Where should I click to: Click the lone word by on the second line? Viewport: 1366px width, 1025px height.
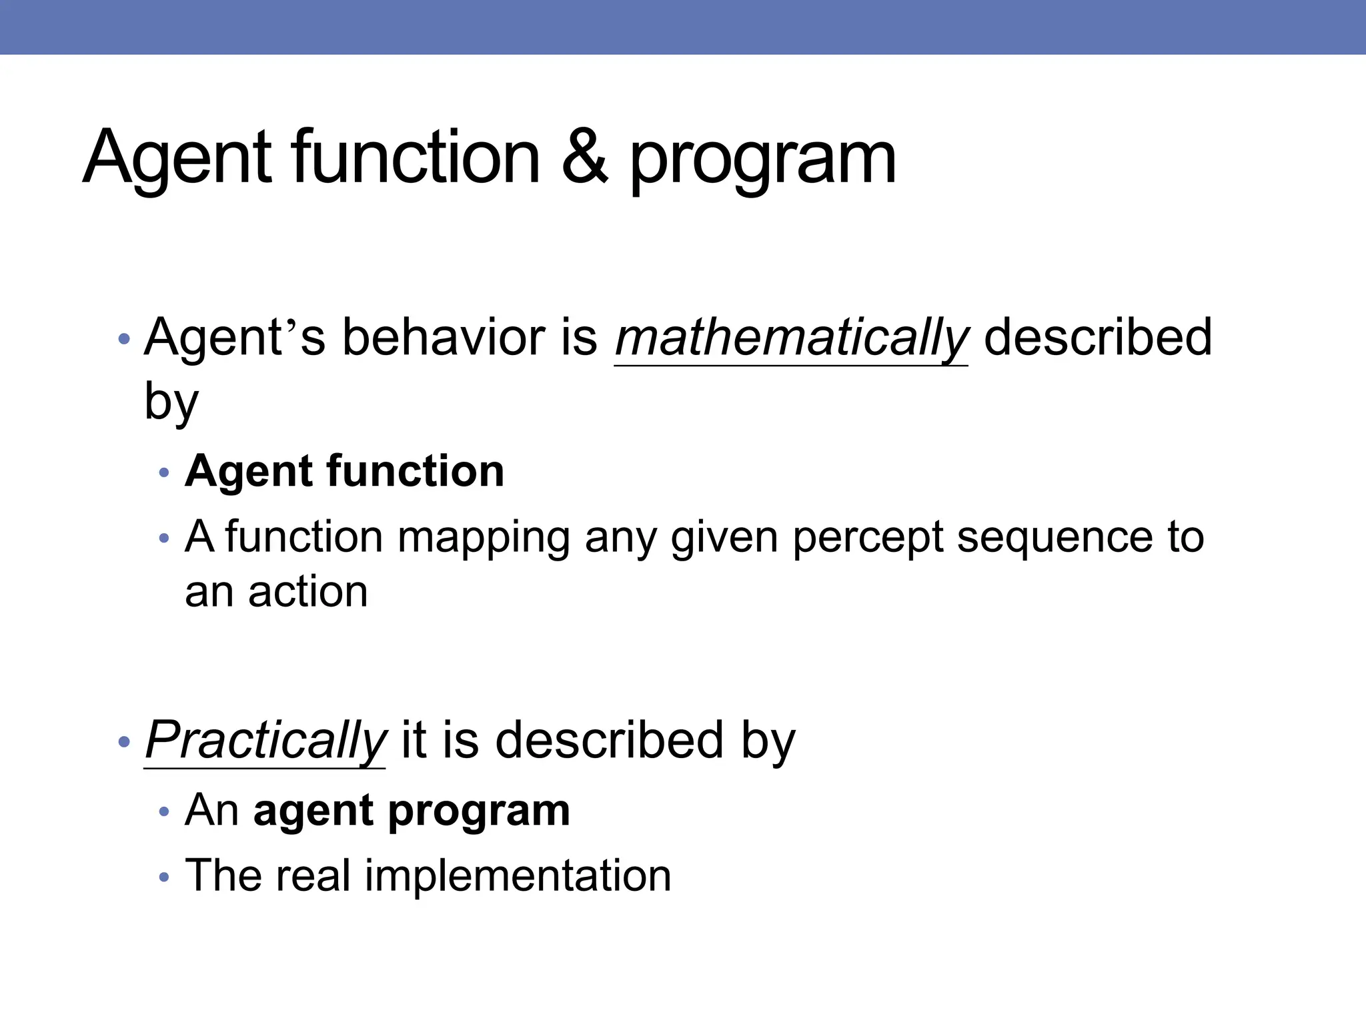point(171,402)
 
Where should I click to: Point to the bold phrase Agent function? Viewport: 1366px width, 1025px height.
point(344,471)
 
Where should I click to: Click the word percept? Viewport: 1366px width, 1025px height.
point(868,538)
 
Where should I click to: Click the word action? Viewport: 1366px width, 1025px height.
point(307,592)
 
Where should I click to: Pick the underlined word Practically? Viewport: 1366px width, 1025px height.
point(265,741)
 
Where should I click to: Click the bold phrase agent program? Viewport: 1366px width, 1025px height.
point(412,811)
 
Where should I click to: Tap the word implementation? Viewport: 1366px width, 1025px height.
point(518,876)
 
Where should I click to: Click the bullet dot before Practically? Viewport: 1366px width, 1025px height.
point(123,741)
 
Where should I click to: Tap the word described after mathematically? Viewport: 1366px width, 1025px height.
point(1097,337)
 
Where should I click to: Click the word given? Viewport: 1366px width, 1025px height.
point(724,538)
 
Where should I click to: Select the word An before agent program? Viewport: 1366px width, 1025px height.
point(211,811)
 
